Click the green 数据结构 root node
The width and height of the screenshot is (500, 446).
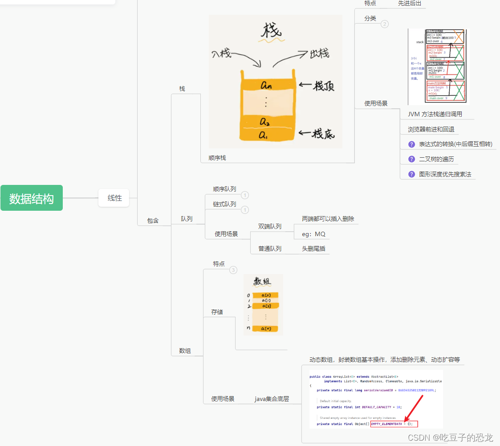point(32,198)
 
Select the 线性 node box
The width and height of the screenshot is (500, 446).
point(114,198)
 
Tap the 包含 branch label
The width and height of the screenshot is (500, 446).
point(153,220)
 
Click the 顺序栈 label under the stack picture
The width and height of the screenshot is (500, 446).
point(217,158)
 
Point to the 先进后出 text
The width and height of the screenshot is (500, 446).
point(409,3)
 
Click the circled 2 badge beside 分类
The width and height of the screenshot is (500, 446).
point(385,24)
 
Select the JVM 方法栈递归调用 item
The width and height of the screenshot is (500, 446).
point(435,114)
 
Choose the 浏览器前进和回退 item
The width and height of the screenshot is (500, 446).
point(431,129)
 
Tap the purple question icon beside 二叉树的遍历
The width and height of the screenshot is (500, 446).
point(411,159)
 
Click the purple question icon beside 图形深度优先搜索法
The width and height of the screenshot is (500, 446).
point(411,174)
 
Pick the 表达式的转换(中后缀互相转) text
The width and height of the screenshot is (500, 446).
point(455,144)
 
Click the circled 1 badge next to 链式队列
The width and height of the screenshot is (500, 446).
point(245,210)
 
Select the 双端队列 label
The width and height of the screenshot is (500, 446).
point(270,226)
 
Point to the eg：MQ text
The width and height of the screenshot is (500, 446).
point(313,234)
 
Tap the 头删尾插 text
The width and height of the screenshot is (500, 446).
point(313,249)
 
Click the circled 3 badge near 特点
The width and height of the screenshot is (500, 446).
point(233,270)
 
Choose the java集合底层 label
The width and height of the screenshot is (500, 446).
point(272,399)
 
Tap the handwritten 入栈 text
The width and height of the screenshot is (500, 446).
point(221,54)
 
